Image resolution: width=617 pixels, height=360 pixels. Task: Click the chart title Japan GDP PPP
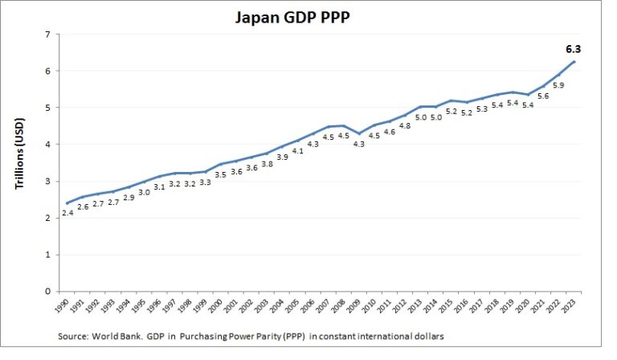(x=308, y=16)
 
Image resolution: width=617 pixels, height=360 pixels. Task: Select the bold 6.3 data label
(x=571, y=48)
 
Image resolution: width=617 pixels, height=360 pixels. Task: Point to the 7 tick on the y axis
(x=47, y=35)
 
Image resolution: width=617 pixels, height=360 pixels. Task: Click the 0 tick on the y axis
(x=47, y=291)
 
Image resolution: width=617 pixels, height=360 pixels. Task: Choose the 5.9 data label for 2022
(x=558, y=85)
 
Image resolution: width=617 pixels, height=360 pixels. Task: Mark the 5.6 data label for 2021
(x=542, y=96)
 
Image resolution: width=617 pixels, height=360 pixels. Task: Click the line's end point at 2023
(x=574, y=61)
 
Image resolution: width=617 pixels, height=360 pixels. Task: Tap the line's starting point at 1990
(x=67, y=203)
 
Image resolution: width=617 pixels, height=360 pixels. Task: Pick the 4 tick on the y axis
(x=47, y=145)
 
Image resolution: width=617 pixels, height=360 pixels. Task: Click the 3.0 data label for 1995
(x=145, y=192)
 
